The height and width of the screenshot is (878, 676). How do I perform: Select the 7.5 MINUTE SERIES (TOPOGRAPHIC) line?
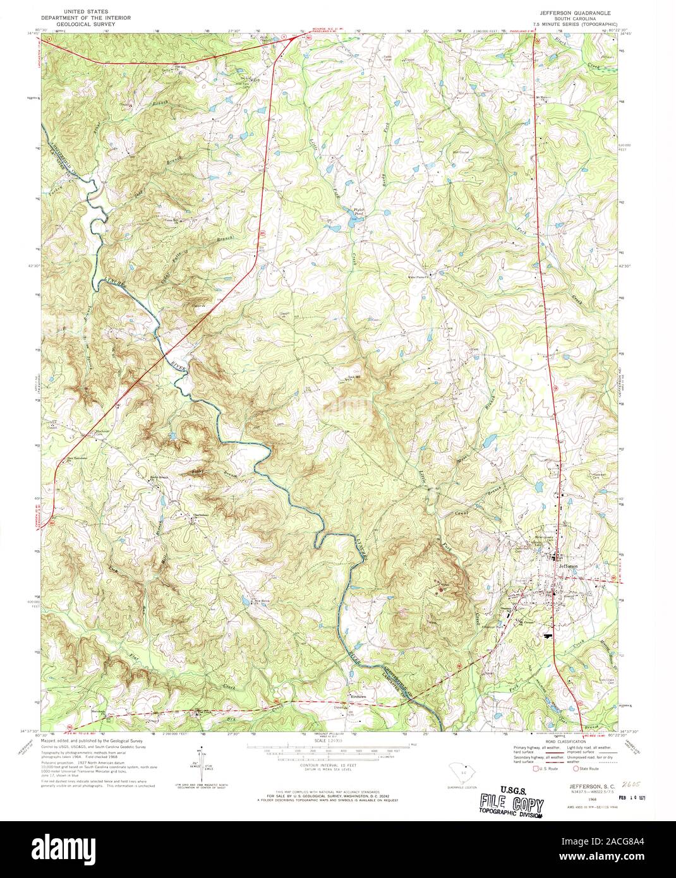tap(574, 23)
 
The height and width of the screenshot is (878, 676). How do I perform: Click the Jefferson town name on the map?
tap(567, 567)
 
